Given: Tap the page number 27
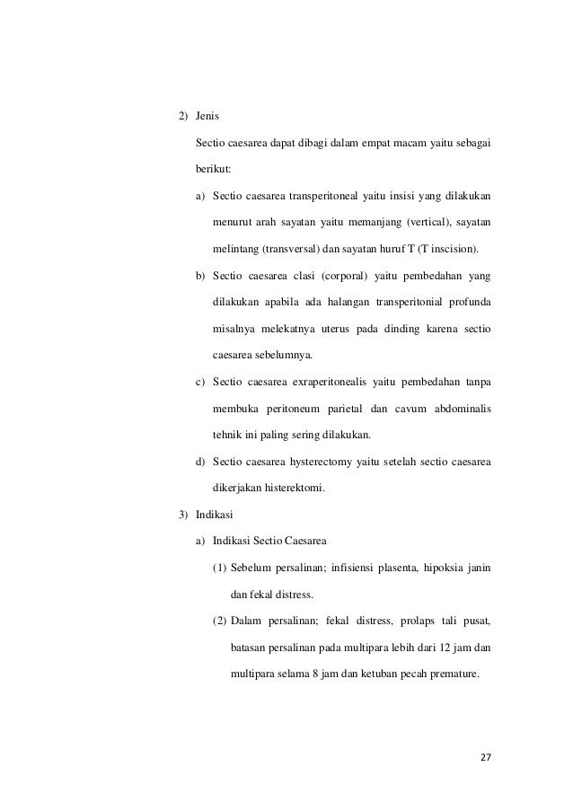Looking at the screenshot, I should [x=486, y=756].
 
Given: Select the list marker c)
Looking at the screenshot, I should [x=201, y=383].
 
